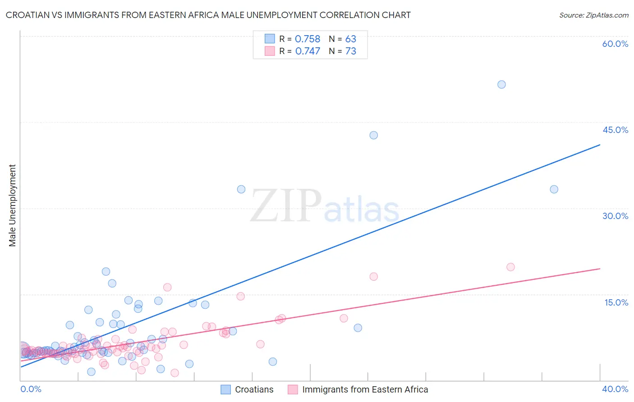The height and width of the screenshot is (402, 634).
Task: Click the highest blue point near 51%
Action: coord(501,84)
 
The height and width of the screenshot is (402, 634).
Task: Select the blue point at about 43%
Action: coord(373,135)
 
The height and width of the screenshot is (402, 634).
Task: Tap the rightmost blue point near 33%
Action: coord(554,189)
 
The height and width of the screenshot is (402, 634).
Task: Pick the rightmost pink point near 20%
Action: coord(510,267)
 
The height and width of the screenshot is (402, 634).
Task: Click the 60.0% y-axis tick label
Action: coord(615,44)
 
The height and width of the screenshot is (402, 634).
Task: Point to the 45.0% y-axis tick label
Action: coord(615,130)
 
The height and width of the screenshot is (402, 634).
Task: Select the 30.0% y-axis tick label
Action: coord(615,216)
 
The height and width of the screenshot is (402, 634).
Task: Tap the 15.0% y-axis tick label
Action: coord(616,302)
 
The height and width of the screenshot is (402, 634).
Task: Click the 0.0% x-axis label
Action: coord(31,389)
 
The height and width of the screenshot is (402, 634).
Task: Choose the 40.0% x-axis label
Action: coord(615,389)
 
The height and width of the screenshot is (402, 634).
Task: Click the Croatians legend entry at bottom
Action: coord(254,389)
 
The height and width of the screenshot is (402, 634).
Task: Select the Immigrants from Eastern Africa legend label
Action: coord(365,389)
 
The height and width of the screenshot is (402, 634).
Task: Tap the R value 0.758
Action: coord(307,39)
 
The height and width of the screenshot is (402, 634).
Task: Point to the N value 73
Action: coord(350,51)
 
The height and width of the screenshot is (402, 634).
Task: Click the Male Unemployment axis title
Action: coord(13,206)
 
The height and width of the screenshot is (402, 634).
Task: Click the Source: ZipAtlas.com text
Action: coord(593,15)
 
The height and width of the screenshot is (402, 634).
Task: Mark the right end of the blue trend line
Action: coord(600,145)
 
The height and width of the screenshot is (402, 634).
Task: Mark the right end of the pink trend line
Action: coord(600,269)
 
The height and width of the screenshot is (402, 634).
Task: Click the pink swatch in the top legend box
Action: coord(270,51)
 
